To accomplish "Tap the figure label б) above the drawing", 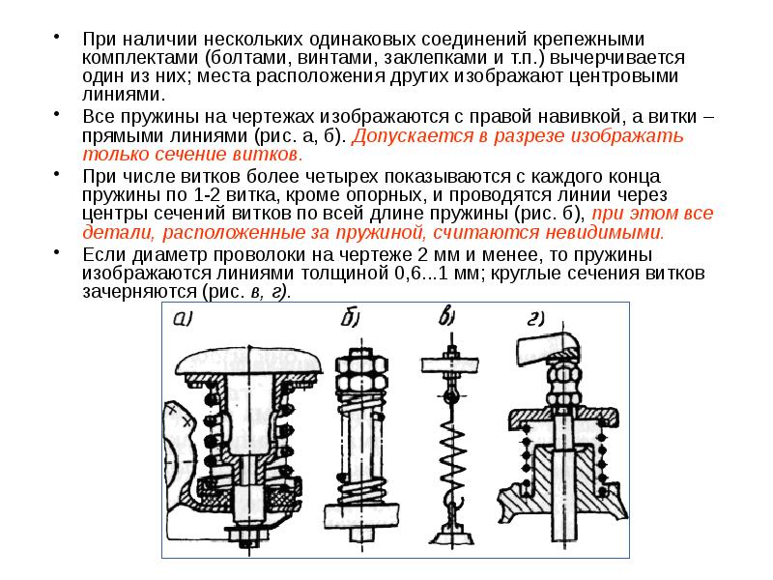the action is [351, 317].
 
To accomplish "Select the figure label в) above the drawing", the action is [446, 316].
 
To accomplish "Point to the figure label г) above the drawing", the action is [535, 318].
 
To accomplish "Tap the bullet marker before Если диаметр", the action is [57, 251].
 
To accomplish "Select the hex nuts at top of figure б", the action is [361, 372].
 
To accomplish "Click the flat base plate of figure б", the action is [361, 514].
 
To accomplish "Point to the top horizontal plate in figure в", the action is [449, 365].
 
